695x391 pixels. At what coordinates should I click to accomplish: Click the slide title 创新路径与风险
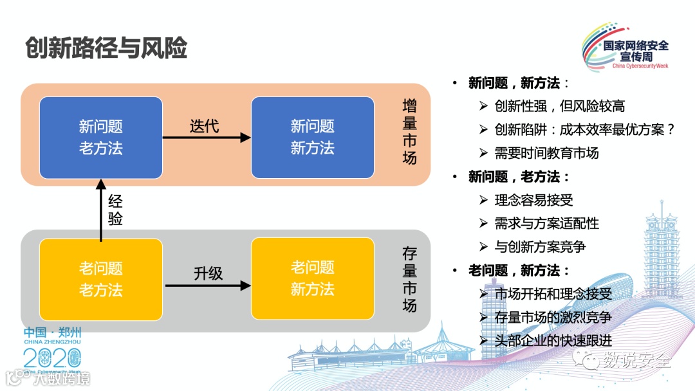click(106, 48)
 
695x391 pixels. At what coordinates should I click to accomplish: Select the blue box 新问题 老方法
click(100, 138)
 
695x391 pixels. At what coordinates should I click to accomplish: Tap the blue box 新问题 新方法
click(312, 138)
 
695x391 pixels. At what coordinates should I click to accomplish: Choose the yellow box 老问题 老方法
click(100, 279)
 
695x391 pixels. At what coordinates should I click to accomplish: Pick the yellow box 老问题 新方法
click(312, 278)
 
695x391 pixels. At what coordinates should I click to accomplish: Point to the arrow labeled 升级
click(207, 285)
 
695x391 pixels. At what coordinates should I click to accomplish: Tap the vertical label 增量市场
click(409, 131)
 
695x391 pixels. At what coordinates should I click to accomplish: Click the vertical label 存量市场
click(409, 279)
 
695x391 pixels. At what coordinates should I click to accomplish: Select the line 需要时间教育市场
click(546, 152)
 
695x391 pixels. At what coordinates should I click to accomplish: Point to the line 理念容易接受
click(533, 200)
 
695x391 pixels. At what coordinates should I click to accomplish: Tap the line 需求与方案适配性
click(546, 223)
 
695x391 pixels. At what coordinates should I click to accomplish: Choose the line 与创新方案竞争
click(540, 246)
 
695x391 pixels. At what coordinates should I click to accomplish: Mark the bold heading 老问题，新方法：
click(519, 270)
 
